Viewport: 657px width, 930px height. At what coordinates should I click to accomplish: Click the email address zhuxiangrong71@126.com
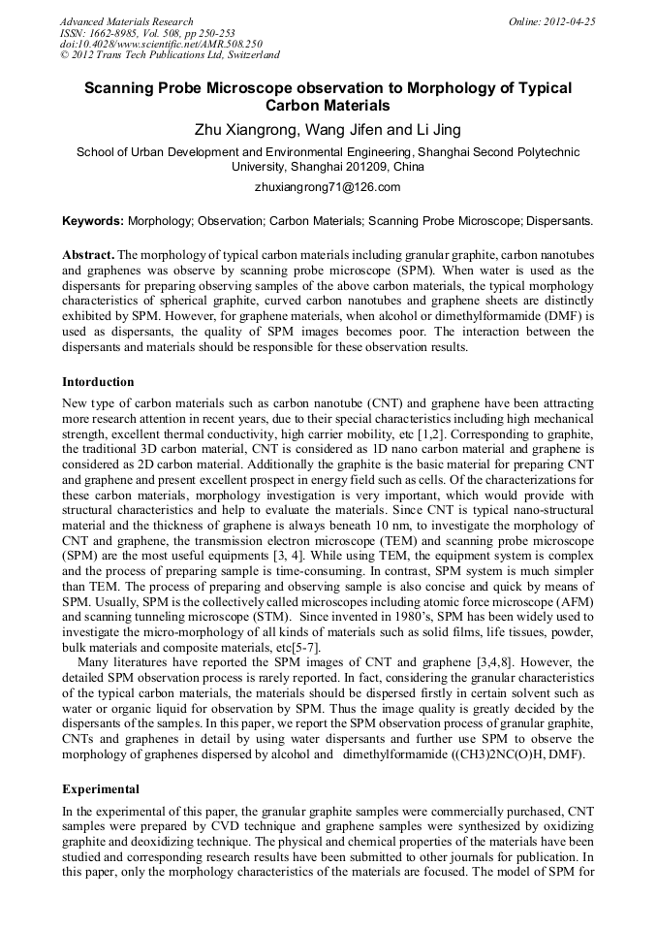(x=328, y=187)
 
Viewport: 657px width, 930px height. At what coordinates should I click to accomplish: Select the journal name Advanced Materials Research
(x=127, y=21)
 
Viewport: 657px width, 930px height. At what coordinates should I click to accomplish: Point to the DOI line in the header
(x=161, y=45)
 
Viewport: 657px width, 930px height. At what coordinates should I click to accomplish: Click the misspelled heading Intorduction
(x=98, y=382)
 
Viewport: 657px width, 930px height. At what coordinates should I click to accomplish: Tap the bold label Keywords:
(x=93, y=221)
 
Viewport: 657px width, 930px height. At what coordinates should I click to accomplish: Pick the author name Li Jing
(x=433, y=129)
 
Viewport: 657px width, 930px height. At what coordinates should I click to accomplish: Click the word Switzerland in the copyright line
(x=247, y=56)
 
